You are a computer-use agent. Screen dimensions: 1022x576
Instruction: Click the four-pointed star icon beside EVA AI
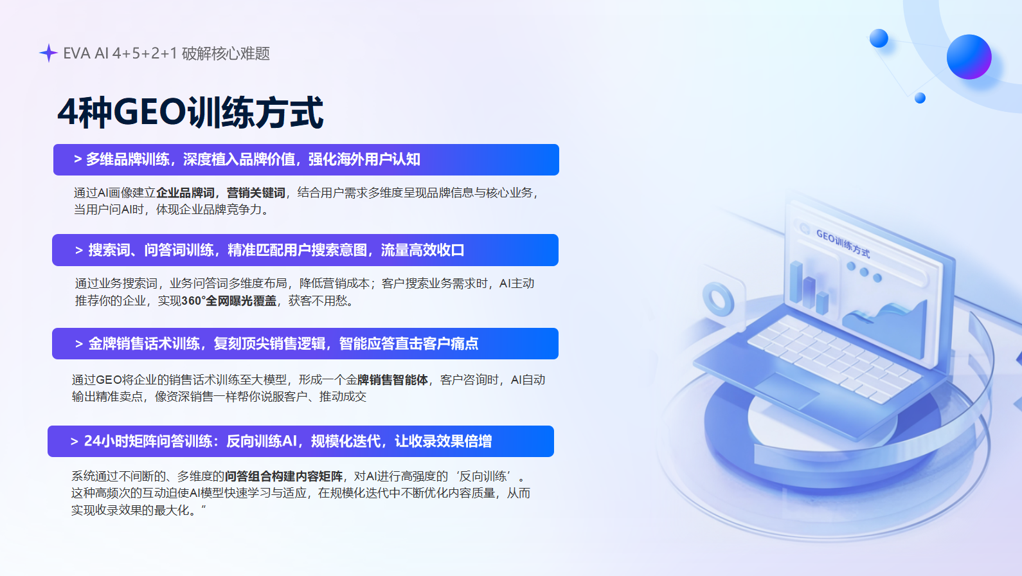[x=48, y=53]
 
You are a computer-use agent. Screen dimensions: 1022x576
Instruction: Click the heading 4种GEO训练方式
[x=190, y=113]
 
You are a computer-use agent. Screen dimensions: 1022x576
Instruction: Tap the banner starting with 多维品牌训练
[x=306, y=159]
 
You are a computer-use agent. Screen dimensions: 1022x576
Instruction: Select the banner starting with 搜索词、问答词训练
[x=305, y=250]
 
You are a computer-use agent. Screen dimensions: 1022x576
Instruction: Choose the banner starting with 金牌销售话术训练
[x=305, y=344]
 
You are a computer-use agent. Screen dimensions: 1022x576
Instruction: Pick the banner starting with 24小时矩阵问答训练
[x=301, y=442]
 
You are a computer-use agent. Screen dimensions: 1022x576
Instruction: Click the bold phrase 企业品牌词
[x=185, y=193]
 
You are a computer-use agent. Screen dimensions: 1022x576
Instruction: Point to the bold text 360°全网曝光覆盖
[x=229, y=301]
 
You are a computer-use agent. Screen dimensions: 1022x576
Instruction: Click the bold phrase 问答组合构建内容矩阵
[x=283, y=476]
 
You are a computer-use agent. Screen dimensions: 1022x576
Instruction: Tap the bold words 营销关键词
[x=256, y=193]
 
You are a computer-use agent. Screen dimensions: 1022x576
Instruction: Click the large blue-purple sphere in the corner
[x=969, y=57]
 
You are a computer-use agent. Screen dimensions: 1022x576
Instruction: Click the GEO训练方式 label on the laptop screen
[x=843, y=244]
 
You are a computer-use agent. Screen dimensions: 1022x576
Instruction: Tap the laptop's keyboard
[x=832, y=358]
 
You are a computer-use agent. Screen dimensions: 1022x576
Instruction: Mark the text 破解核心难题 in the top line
[x=226, y=53]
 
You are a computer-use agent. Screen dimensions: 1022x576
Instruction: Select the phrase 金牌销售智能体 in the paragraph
[x=387, y=380]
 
